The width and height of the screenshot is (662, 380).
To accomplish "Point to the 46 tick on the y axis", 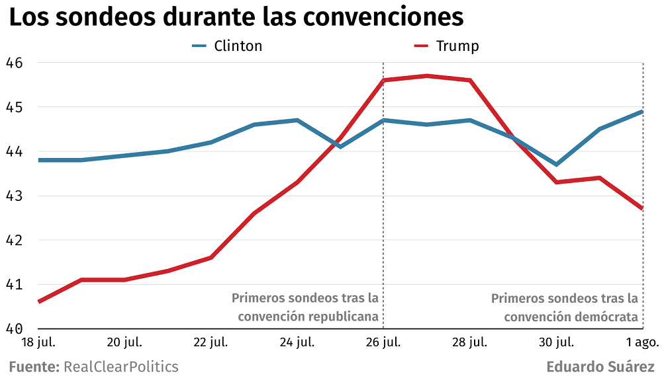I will pyautogui.click(x=14, y=63).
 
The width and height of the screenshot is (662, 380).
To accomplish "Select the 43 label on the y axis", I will pyautogui.click(x=14, y=196).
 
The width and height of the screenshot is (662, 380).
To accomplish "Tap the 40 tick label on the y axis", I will pyautogui.click(x=14, y=329).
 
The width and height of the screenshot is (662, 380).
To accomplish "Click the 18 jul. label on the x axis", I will pyautogui.click(x=38, y=342).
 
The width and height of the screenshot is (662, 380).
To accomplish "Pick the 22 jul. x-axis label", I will pyautogui.click(x=211, y=342).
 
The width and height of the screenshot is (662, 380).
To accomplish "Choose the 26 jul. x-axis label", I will pyautogui.click(x=383, y=342).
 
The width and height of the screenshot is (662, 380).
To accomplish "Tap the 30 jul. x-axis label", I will pyautogui.click(x=555, y=342).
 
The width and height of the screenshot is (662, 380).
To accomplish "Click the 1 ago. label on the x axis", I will pyautogui.click(x=641, y=342).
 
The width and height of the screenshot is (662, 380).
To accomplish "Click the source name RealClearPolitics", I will pyautogui.click(x=120, y=367).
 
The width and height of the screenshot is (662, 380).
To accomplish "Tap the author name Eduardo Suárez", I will pyautogui.click(x=600, y=367).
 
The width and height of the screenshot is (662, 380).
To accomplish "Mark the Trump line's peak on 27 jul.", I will pyautogui.click(x=426, y=76).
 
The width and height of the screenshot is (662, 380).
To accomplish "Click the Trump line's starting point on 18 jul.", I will pyautogui.click(x=39, y=302).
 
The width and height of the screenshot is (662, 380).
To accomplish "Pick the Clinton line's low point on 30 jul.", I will pyautogui.click(x=556, y=165).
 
